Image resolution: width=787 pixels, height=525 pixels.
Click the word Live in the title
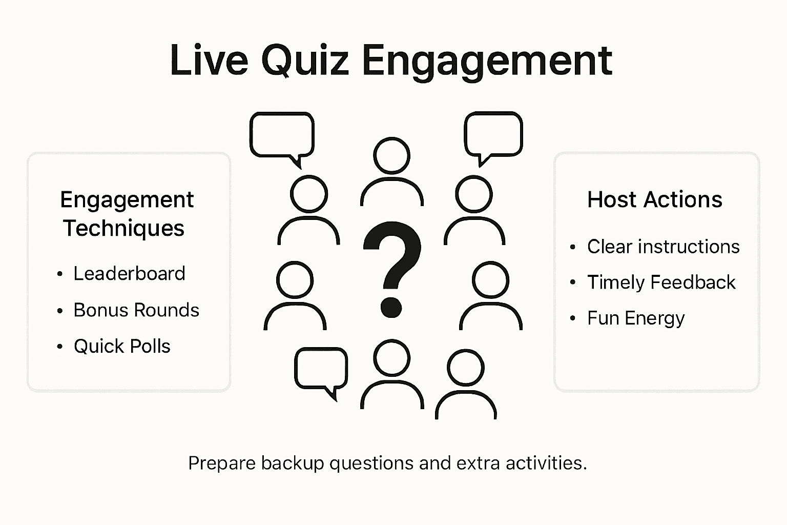coord(209,60)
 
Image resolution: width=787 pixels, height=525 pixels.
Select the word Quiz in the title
coord(305,60)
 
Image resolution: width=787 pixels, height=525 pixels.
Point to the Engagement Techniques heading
coord(126,214)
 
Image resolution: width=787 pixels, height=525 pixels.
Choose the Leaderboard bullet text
coord(129,274)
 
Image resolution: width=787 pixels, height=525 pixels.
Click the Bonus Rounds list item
coord(136,310)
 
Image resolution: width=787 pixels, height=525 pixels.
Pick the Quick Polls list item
coord(122,347)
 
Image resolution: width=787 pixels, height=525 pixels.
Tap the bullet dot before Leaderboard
coord(60,274)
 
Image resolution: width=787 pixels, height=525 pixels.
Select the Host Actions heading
coord(654,199)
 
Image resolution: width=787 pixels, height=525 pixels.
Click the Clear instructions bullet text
coord(663,247)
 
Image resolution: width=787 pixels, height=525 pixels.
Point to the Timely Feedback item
coord(661,282)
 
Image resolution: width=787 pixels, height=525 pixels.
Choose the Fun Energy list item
coord(635,318)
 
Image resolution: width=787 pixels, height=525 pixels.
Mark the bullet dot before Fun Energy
coord(573,318)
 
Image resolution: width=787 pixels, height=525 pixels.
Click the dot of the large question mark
coord(391,307)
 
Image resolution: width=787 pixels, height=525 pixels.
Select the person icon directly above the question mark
coord(392,172)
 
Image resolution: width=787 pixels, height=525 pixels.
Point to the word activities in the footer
coord(546,463)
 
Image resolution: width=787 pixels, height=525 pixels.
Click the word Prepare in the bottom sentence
coord(222,463)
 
